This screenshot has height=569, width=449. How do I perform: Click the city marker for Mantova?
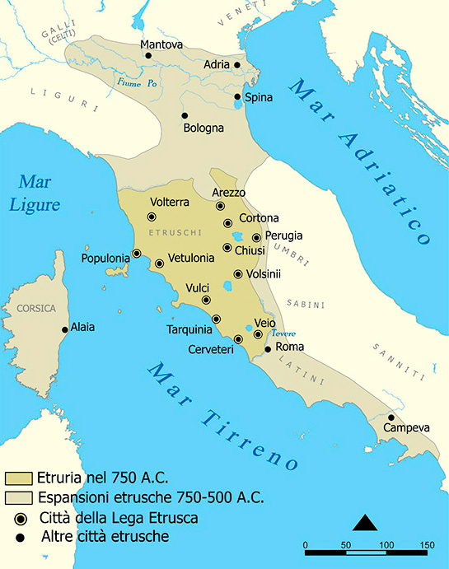click(x=149, y=56)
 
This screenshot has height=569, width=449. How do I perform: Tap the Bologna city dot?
click(x=185, y=115)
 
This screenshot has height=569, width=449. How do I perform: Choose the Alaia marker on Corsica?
click(x=64, y=329)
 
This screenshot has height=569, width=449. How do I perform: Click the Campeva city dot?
click(x=391, y=417)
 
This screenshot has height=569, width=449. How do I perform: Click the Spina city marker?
click(x=238, y=96)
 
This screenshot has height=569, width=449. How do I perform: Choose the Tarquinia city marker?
click(x=217, y=319)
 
